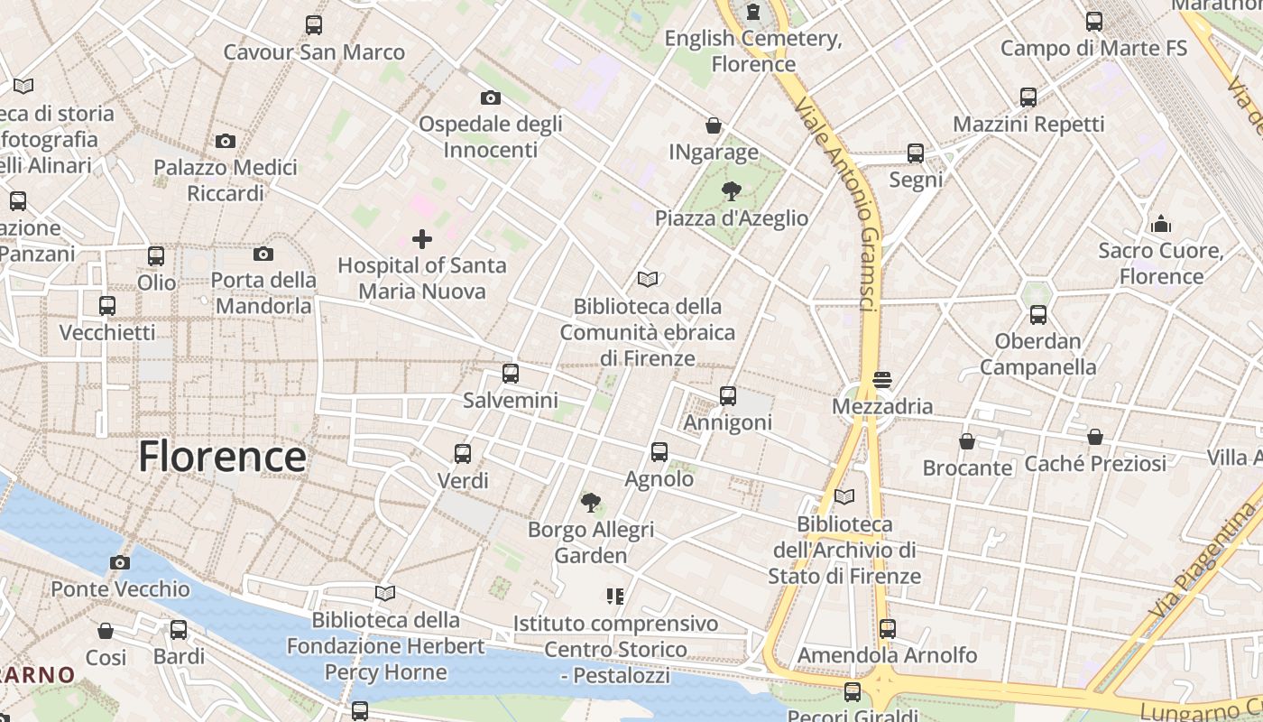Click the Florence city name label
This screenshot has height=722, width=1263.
coord(222,457)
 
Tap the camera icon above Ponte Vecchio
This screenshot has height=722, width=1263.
coord(119,562)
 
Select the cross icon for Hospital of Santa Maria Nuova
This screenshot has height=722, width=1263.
coord(421,239)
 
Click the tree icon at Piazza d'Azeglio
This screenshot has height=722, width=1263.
coord(731,191)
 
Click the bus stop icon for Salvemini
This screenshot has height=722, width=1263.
coord(511,373)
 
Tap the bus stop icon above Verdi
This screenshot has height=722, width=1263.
coord(463,453)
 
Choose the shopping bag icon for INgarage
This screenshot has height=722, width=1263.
coord(714,125)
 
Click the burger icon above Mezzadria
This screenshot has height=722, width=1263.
coord(882,380)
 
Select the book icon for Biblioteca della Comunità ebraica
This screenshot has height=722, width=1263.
coord(647,279)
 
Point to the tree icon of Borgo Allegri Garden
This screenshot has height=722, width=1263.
coord(591,502)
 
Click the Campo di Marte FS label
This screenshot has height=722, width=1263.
coord(1093,48)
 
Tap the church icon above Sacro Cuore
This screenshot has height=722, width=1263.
coord(1161,223)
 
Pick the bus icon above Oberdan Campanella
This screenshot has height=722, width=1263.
coord(1038,315)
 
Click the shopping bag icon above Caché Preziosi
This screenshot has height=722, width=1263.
coord(1095,437)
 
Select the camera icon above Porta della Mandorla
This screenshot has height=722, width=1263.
coord(263,254)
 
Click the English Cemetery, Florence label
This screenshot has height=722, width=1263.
coord(753,51)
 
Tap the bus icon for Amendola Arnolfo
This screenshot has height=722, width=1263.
coord(888,628)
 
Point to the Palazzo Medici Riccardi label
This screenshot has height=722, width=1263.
coord(226,180)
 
